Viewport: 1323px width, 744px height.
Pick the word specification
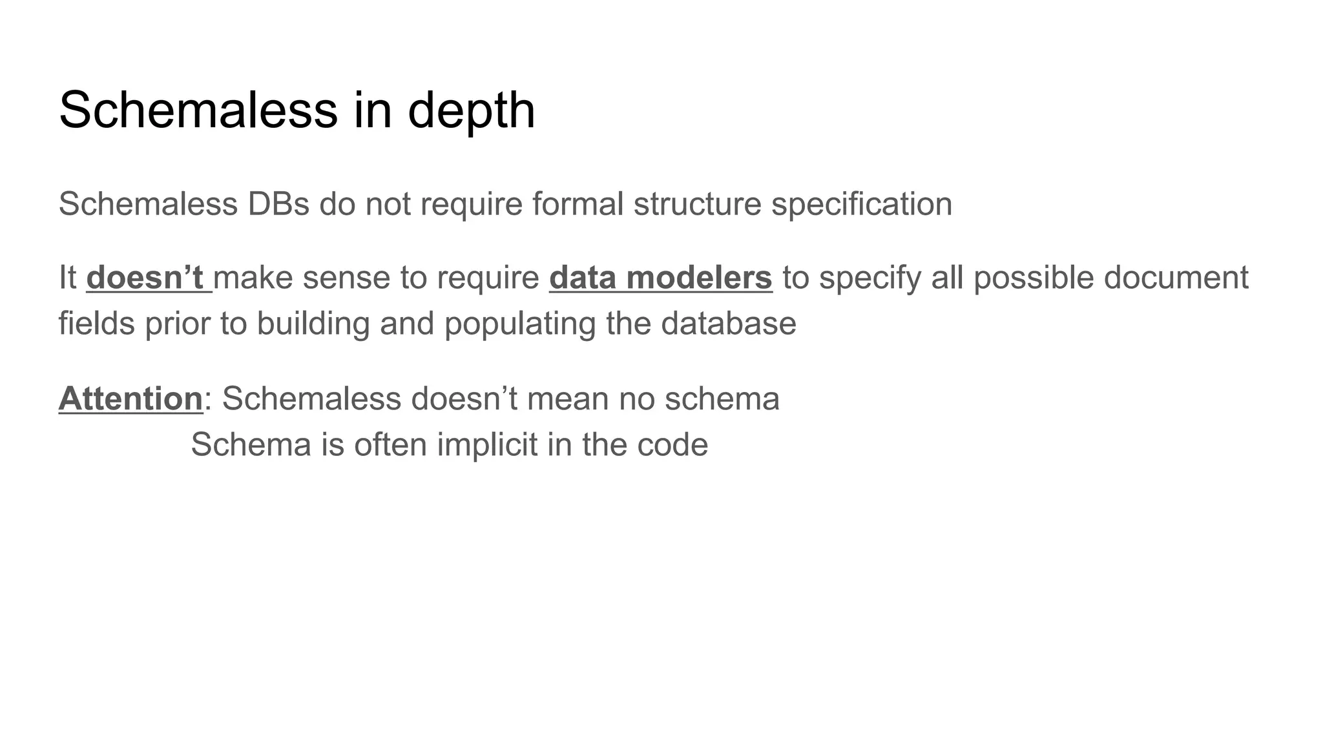pos(862,204)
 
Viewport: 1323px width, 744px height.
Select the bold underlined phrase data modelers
pos(660,278)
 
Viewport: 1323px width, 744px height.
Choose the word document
pos(1176,278)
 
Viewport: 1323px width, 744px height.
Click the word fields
pos(97,323)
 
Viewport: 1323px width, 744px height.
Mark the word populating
pos(519,323)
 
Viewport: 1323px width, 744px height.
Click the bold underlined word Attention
pos(130,398)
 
